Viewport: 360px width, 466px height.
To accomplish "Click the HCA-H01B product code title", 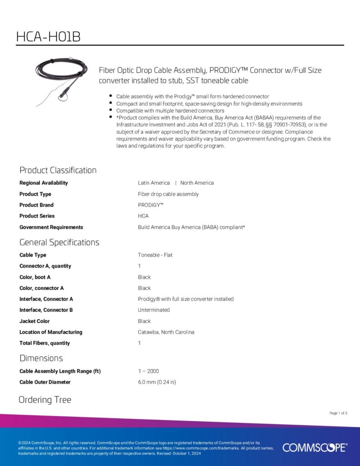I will tap(48, 37).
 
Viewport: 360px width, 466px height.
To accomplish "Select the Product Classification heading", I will tap(58, 170).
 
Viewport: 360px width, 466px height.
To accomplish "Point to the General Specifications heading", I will tap(59, 242).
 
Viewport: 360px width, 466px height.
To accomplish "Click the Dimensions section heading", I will tap(41, 358).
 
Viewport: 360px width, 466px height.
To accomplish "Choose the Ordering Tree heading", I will tap(45, 400).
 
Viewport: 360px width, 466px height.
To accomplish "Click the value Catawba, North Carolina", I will tap(166, 332).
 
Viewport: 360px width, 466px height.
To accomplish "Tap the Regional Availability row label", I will tap(44, 183).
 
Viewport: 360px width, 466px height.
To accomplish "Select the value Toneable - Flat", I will tap(155, 255).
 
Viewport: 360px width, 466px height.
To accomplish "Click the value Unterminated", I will tap(154, 310).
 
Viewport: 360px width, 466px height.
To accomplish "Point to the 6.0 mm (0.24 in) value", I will tap(157, 382).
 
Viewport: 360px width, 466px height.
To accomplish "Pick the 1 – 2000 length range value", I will tap(148, 371).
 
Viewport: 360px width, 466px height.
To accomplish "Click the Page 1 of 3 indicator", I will tap(338, 413).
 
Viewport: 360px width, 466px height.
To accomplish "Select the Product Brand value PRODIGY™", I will tap(151, 205).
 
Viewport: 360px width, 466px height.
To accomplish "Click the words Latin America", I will tap(154, 183).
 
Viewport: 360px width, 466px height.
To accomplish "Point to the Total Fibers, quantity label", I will tap(45, 343).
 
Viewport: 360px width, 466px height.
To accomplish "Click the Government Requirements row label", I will tap(51, 227).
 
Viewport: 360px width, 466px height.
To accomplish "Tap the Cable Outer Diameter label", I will tap(45, 382).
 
